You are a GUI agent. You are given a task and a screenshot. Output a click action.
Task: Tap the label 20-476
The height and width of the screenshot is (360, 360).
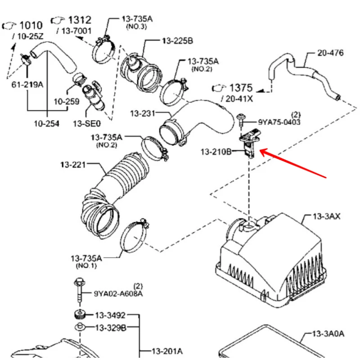tap(330, 53)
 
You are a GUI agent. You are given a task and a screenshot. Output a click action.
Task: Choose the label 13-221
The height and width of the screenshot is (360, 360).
tap(73, 165)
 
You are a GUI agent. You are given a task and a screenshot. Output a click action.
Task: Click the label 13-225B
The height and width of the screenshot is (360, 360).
tap(177, 41)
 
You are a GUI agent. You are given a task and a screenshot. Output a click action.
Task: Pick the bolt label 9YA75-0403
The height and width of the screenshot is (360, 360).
tap(279, 122)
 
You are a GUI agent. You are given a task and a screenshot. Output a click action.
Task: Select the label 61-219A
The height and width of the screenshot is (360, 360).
tap(27, 84)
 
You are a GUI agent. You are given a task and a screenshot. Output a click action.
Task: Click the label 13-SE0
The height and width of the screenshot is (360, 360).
tap(86, 123)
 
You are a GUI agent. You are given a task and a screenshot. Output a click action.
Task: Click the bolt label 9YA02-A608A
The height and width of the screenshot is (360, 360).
tap(118, 294)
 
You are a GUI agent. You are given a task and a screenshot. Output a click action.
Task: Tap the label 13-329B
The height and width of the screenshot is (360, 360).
tap(110, 328)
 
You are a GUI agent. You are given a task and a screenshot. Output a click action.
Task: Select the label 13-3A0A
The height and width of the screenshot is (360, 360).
tap(328, 333)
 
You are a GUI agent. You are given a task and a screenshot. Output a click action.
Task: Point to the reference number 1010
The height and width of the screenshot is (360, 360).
tap(31, 26)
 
